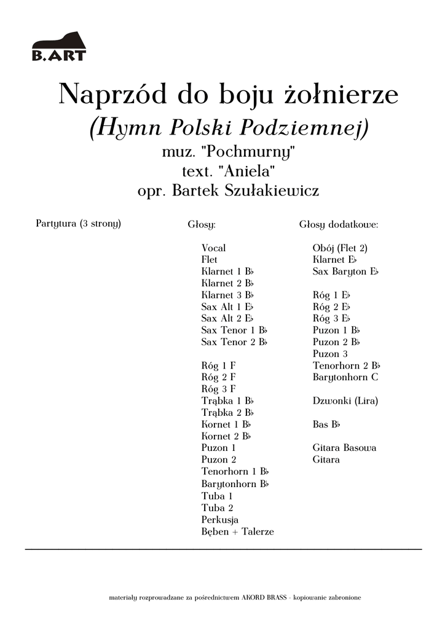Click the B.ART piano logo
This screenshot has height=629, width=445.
[59, 48]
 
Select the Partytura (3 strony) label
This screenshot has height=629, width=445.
[79, 224]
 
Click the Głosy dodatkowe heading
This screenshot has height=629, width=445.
[339, 225]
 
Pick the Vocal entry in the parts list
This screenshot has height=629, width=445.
[213, 248]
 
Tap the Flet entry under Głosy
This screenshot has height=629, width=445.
[209, 260]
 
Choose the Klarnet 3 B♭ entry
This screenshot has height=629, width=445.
[227, 295]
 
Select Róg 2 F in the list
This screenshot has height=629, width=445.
[218, 377]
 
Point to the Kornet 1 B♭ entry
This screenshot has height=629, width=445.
[226, 424]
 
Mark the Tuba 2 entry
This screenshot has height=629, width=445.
[217, 508]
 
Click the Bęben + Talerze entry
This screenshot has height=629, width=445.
[237, 532]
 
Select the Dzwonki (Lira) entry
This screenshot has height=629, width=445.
[345, 401]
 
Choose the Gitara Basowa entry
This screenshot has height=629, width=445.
[344, 448]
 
